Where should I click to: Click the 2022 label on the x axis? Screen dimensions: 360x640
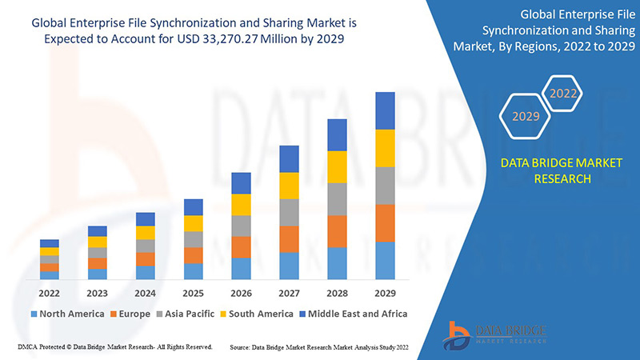tap(50, 294)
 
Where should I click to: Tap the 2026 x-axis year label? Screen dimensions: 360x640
tap(242, 294)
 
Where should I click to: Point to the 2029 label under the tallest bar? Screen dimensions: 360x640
tap(385, 294)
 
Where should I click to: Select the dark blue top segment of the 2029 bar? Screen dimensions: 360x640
tap(385, 110)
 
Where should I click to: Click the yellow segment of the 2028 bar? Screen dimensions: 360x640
tap(337, 166)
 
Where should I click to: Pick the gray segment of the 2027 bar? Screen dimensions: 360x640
tap(289, 212)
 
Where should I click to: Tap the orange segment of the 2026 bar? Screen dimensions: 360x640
tap(242, 246)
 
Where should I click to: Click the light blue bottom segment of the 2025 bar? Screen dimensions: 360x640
tap(194, 271)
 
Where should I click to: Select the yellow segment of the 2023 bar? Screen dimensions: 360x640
tap(98, 242)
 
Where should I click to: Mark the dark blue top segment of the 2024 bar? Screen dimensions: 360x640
tap(146, 219)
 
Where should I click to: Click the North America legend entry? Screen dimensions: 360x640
tap(67, 314)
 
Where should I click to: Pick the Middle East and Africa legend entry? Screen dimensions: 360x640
tap(353, 314)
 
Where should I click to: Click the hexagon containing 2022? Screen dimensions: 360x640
tap(563, 94)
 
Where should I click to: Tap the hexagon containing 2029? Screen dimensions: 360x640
tap(526, 117)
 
